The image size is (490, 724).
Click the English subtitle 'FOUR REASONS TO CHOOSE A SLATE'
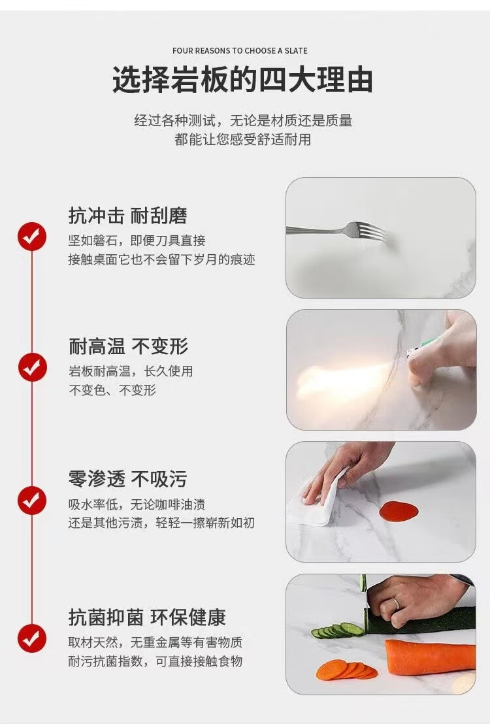coord(240,50)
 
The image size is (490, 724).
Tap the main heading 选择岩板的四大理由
coord(243,80)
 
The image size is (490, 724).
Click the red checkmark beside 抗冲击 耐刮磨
coord(32,237)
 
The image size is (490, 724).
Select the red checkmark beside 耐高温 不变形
coord(32,367)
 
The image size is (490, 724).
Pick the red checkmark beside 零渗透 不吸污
coord(32,500)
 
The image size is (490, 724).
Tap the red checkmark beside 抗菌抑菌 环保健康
coord(32,638)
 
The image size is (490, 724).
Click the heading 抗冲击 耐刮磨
coord(128,216)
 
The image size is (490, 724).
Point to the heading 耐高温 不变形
coord(129,346)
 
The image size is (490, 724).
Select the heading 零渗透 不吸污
coord(128,479)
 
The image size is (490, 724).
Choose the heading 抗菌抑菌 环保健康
coord(147,617)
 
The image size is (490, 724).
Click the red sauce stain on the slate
coord(399,511)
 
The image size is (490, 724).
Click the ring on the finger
coord(396,604)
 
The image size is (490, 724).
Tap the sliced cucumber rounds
coord(338,631)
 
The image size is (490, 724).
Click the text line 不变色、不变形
coord(112,390)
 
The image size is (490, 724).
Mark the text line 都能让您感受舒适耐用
coord(243,139)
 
